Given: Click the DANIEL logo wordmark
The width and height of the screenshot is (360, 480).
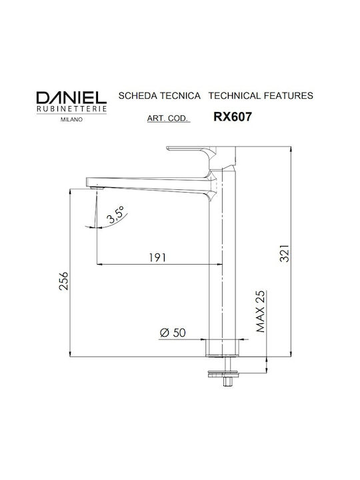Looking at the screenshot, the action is tap(71, 97).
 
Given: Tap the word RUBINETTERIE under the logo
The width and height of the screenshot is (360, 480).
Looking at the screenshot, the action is tap(71, 109).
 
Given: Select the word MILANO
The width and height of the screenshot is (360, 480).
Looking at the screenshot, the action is tap(71, 120).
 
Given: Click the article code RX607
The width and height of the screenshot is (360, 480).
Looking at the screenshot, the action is tap(233, 117).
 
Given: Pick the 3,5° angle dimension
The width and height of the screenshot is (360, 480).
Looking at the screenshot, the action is tap(115, 215).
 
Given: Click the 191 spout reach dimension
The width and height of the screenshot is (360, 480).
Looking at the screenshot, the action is tap(157, 258).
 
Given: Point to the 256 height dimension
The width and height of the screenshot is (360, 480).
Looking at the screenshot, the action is tap(64, 281).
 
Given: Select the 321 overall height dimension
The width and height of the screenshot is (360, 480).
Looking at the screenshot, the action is tap(285, 253).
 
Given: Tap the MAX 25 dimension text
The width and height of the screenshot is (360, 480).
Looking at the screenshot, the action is tap(261, 311).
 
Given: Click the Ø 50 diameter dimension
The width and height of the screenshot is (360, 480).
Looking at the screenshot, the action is tap(173, 333).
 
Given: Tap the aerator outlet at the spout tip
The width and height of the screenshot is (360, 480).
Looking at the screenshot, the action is tap(98, 187).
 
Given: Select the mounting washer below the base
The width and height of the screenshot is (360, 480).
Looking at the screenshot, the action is tap(223, 374).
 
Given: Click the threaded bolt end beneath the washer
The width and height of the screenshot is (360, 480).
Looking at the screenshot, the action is tap(227, 382).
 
